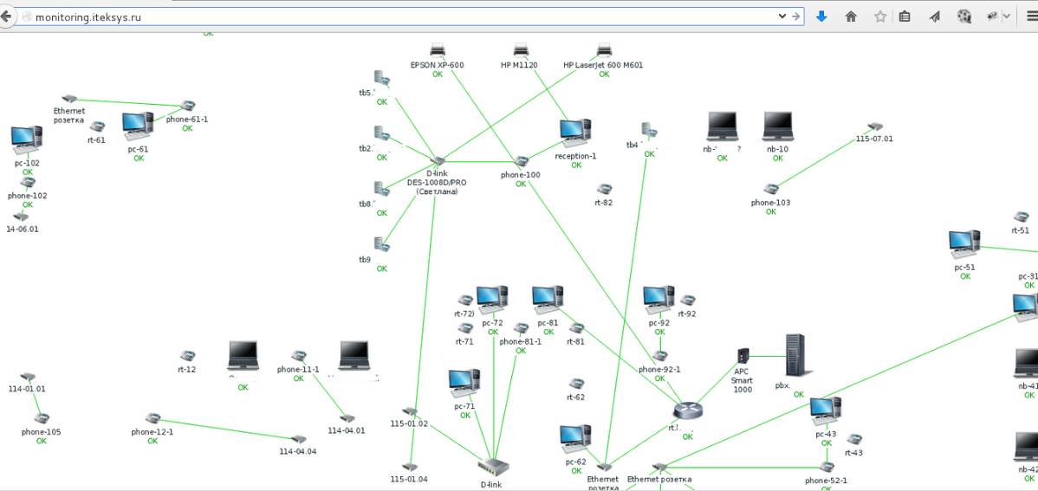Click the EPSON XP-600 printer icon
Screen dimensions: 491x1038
point(438,51)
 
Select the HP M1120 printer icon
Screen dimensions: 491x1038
point(520,51)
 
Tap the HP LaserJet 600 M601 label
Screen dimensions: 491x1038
point(603,65)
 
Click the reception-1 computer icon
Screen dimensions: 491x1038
point(575,132)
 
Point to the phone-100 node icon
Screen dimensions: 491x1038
point(522,162)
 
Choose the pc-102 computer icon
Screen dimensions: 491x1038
point(27,139)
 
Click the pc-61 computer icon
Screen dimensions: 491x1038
point(138,126)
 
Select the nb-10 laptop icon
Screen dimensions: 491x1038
point(777,126)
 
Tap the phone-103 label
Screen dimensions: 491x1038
point(770,203)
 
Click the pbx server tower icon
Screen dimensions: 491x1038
point(795,355)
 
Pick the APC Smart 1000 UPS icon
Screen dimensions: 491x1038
point(743,355)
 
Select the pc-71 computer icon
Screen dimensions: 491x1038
point(464,384)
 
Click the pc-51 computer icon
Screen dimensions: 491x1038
point(964,245)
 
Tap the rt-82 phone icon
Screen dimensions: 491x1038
point(604,189)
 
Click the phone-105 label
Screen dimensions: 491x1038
point(41,431)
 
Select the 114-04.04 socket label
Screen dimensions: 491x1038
point(297,451)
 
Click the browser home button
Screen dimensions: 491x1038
point(851,16)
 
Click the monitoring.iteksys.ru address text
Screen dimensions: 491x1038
point(88,16)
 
